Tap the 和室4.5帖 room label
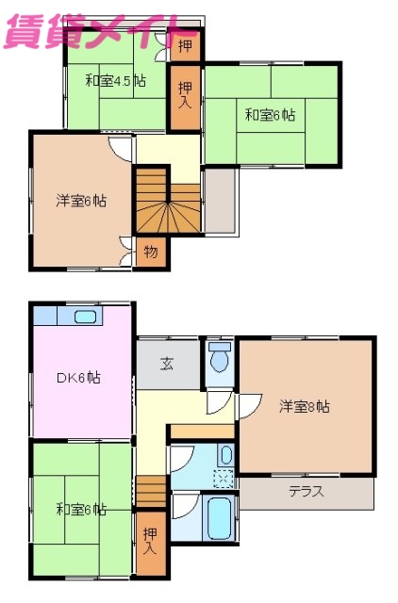tap(115, 81)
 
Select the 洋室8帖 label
tap(304, 407)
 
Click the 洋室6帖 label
tap(80, 201)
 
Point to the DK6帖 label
tap(79, 378)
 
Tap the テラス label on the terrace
tap(306, 491)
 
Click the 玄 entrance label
tap(166, 363)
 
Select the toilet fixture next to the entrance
tap(220, 357)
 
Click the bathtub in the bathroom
tap(220, 516)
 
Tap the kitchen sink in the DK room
tap(85, 317)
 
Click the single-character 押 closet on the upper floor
tap(184, 44)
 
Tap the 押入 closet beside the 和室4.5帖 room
tap(184, 95)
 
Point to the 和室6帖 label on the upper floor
tap(271, 116)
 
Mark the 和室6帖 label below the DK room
tap(80, 510)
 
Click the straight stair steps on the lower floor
tap(151, 491)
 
